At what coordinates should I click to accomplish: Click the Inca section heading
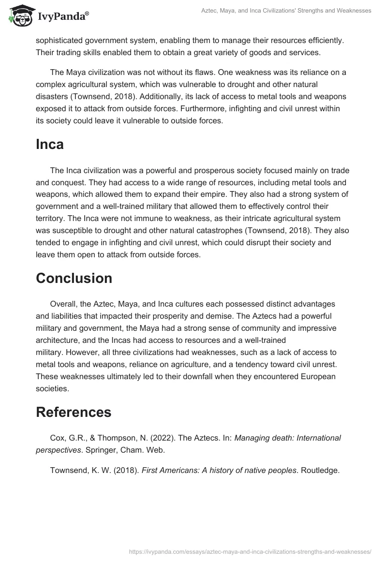point(49,144)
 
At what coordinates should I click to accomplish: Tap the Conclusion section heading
point(74,278)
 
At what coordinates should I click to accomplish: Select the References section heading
point(73,412)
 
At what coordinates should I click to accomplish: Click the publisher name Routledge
point(320,469)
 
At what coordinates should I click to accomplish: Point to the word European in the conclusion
point(314,376)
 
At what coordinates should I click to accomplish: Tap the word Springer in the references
point(98,449)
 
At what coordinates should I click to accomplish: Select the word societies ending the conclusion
point(52,387)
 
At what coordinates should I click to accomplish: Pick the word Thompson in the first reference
point(108,438)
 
